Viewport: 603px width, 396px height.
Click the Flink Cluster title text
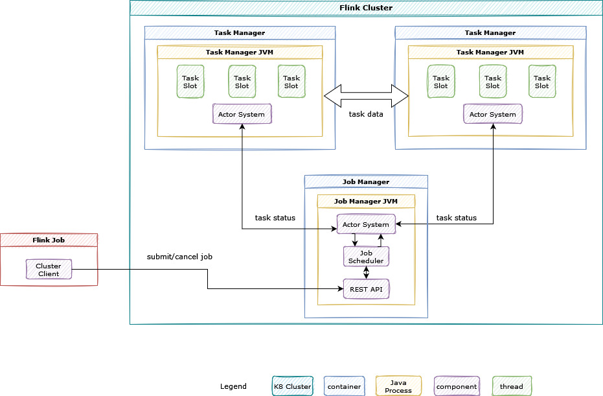tap(366, 8)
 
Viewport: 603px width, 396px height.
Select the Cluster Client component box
tap(49, 269)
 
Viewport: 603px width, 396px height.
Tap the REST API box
tap(366, 288)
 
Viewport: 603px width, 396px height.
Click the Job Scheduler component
tap(366, 257)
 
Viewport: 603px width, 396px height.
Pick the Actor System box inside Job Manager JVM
tap(366, 224)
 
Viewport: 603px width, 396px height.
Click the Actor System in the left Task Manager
tap(242, 114)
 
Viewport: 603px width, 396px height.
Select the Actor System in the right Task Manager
tap(493, 114)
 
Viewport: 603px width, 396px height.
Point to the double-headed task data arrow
tap(366, 97)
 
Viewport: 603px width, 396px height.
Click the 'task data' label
tap(366, 114)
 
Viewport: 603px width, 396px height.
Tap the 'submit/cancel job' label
tap(179, 257)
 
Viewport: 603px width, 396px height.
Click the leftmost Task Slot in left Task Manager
tap(190, 82)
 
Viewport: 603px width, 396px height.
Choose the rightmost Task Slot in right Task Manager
tap(542, 82)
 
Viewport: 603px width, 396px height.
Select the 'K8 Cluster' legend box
tap(292, 386)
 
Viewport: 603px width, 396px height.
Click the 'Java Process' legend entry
tap(398, 386)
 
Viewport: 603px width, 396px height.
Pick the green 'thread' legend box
tap(512, 386)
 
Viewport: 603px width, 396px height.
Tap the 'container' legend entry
tap(345, 386)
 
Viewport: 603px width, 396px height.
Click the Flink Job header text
tap(49, 240)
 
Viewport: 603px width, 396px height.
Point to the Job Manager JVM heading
tap(366, 201)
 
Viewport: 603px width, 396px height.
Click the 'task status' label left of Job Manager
tap(275, 218)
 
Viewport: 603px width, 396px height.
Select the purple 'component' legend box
tap(457, 386)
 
